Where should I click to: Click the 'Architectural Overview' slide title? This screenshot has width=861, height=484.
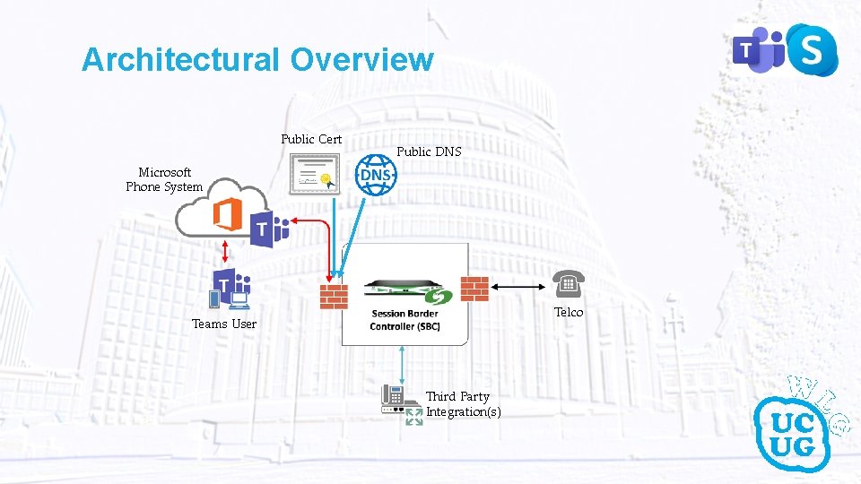click(257, 60)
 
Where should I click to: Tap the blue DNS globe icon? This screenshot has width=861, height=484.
click(375, 175)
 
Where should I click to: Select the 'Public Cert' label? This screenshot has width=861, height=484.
click(311, 139)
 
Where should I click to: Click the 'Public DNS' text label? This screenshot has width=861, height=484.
click(429, 151)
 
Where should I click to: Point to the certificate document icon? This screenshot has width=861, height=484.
click(313, 174)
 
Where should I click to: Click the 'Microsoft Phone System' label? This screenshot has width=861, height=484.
click(164, 179)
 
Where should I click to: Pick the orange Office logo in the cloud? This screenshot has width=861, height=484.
click(226, 215)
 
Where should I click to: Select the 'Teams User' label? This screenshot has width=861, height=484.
click(224, 324)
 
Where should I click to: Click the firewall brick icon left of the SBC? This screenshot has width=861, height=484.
click(334, 296)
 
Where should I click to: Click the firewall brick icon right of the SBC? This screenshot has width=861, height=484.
click(474, 289)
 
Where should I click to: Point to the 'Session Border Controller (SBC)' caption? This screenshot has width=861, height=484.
click(404, 320)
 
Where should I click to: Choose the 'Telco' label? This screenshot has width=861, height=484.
click(569, 312)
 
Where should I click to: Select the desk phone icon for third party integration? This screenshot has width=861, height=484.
click(396, 398)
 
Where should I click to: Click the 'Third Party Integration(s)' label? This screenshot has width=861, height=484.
click(463, 404)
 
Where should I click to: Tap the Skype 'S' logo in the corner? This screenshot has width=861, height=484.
click(810, 50)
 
